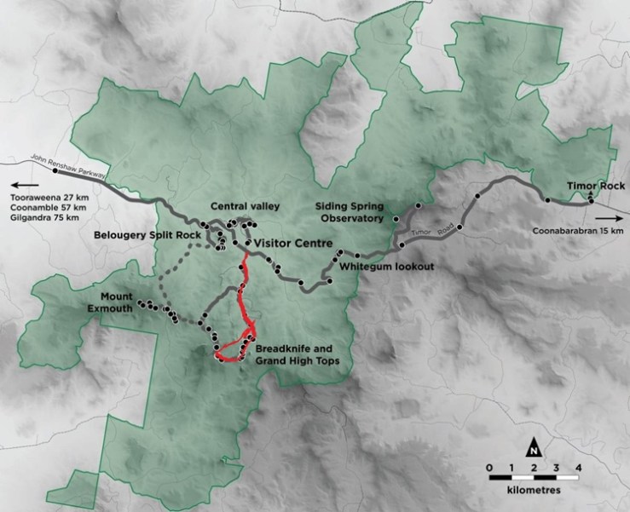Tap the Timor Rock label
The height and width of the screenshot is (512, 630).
click(x=596, y=186)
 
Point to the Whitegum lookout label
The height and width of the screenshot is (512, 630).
click(x=387, y=267)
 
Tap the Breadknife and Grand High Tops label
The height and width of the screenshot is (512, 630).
click(x=298, y=354)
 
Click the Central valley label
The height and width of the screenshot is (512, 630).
click(x=246, y=206)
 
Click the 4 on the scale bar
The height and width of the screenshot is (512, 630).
click(x=578, y=467)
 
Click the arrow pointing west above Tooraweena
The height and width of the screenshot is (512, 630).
click(x=25, y=184)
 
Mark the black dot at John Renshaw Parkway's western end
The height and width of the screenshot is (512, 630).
click(x=55, y=170)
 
